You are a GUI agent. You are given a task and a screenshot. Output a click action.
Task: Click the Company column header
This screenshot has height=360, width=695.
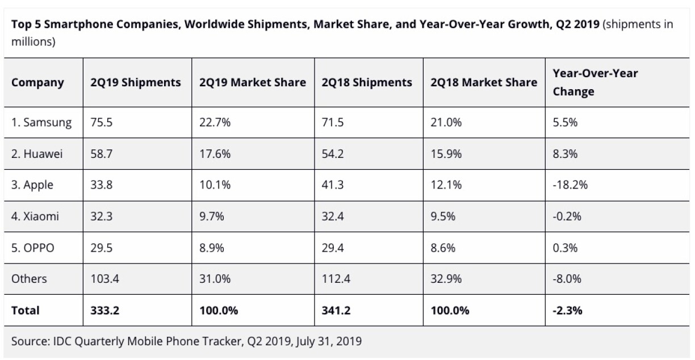[37, 82]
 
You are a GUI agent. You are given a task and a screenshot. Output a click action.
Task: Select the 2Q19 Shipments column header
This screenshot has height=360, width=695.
[136, 82]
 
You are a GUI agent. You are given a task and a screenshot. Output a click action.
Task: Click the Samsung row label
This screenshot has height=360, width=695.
[41, 122]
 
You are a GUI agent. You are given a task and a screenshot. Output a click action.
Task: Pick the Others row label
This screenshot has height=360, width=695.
[29, 279]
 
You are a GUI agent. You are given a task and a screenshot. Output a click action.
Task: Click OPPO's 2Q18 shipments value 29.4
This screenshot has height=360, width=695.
[333, 248]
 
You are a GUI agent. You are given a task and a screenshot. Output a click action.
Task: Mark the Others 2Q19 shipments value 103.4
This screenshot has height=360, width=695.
[104, 279]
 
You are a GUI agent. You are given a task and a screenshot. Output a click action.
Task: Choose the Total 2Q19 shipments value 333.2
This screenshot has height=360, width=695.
[104, 311]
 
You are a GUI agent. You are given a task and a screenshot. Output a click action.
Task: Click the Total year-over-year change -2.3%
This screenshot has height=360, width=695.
[568, 311]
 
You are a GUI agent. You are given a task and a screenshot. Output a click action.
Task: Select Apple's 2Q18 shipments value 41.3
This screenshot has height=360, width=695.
[333, 185]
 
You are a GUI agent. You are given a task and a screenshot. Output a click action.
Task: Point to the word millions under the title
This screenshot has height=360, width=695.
[33, 42]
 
